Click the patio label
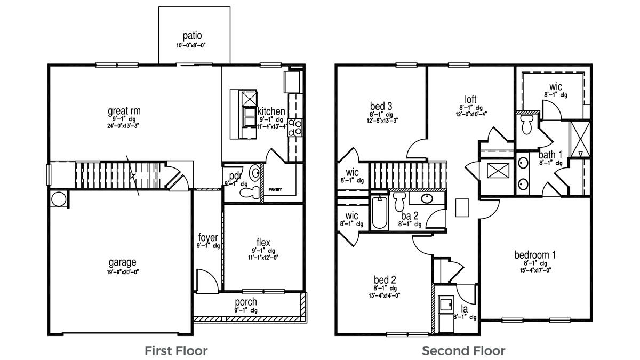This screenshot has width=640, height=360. tap(192, 36)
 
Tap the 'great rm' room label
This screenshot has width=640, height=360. tap(124, 111)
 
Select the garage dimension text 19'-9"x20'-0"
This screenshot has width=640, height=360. tap(123, 272)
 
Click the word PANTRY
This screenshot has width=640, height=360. tap(275, 189)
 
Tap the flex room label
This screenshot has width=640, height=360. tap(263, 243)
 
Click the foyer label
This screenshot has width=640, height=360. tap(207, 237)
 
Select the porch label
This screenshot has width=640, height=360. tap(246, 302)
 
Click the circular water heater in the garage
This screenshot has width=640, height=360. tap(59, 199)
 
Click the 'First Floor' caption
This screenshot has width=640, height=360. tap(176, 350)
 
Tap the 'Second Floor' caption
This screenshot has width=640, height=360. tap(463, 350)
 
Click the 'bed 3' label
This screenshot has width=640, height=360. tap(381, 105)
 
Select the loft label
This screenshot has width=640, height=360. tap(470, 99)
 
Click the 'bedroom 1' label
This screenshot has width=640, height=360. tap(534, 255)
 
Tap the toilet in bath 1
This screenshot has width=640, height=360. tap(526, 126)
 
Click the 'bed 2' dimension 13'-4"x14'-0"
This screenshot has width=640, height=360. tap(385, 295)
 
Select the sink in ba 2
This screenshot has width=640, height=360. tap(427, 199)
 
